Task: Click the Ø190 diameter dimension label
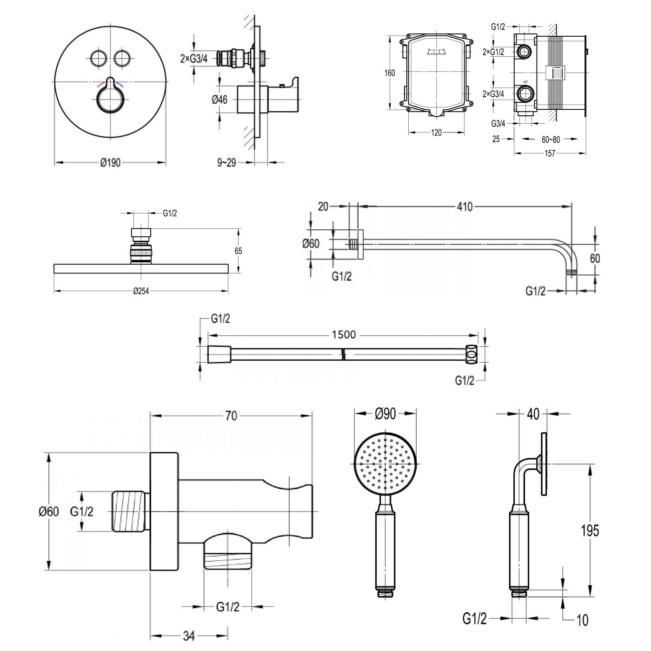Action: tap(111, 163)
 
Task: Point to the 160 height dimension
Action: tap(390, 73)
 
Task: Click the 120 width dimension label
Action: tap(436, 133)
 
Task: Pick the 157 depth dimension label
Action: tap(550, 154)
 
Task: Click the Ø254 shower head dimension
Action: tap(141, 292)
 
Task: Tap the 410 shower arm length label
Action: tap(465, 207)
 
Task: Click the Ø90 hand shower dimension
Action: tap(385, 413)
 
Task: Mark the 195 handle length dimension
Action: tap(590, 530)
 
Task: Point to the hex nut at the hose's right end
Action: tap(472, 354)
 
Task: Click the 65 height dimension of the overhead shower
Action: tap(238, 251)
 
